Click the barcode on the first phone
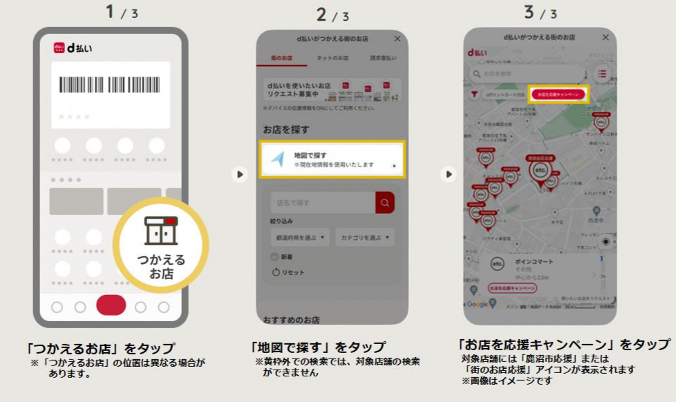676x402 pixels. pos(109,85)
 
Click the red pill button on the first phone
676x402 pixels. pos(111,305)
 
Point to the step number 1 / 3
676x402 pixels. pos(122,12)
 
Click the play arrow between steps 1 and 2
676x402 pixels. pos(239,174)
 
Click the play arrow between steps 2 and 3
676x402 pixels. pos(449,174)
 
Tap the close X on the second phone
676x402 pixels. pos(397,39)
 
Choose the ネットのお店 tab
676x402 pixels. pos(332,58)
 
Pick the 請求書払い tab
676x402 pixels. pos(383,58)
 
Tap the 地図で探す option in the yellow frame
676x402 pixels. pos(332,160)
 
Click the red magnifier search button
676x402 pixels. pos(385,203)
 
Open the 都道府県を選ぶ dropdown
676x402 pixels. pos(300,238)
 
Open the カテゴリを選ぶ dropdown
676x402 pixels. pos(365,238)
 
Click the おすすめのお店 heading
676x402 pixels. pos(291,320)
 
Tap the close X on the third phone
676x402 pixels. pos(605,37)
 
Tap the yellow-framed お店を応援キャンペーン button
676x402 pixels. pos(558,94)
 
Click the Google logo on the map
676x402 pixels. pos(476,305)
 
